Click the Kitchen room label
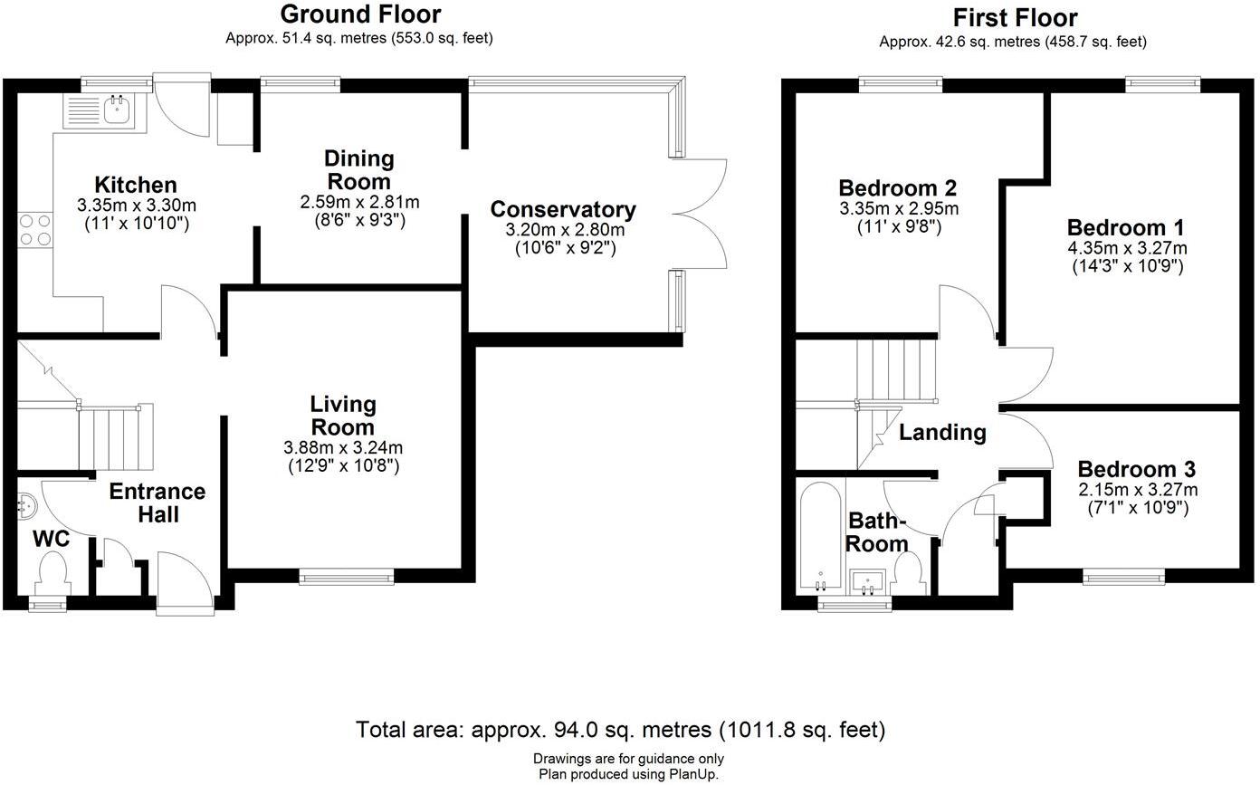pos(136,185)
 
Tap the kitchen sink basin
pos(118,110)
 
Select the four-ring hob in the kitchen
pos(35,230)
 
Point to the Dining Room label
pos(358,170)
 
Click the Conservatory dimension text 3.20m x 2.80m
pos(565,230)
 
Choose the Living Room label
pos(343,416)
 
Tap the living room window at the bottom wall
pos(347,577)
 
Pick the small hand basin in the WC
pos(26,504)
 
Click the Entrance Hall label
pos(158,503)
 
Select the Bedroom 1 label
pos(1125,228)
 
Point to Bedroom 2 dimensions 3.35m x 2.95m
pos(899,209)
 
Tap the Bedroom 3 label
pos(1136,469)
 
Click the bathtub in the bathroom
pos(821,536)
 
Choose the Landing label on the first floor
pos(943,432)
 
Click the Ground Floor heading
pos(360,14)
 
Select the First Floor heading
pos(1016,18)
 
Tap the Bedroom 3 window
pos(1124,577)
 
